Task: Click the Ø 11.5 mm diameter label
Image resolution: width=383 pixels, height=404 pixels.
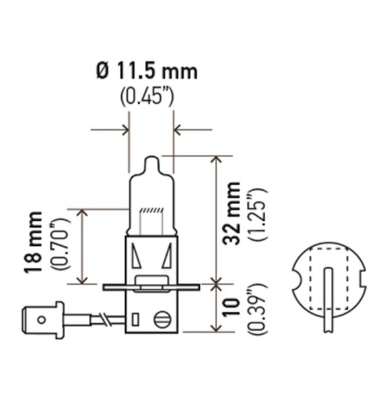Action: coord(147,70)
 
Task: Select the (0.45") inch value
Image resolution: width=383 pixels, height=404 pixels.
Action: coord(147,95)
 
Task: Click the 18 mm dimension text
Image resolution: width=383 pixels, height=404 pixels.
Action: coord(34,242)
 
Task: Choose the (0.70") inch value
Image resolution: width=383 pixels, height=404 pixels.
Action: coord(59,242)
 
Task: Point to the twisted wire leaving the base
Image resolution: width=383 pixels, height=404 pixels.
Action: coord(104,316)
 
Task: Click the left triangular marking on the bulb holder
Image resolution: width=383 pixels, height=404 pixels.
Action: coord(137,257)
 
